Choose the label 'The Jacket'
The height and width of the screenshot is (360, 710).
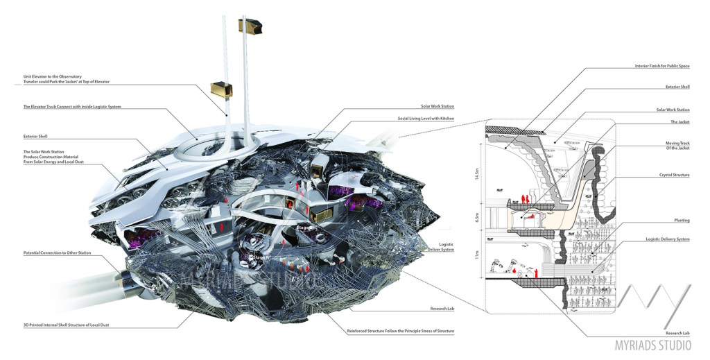[x=679, y=121]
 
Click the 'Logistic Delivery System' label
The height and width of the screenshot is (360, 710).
[x=668, y=239]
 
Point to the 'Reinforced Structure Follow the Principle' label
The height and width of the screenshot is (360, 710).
[x=400, y=331]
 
